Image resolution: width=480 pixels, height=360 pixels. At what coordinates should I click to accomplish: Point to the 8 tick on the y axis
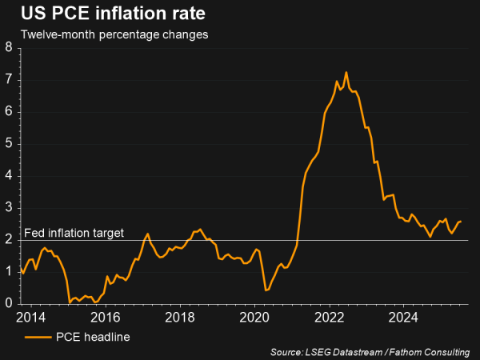[8, 47]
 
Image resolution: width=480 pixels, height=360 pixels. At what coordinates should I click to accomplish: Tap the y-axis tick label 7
[8, 79]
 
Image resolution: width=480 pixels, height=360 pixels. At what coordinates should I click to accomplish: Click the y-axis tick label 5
[8, 143]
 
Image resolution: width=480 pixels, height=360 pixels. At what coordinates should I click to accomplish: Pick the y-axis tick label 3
[8, 207]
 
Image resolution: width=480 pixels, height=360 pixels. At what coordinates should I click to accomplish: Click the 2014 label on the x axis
[30, 316]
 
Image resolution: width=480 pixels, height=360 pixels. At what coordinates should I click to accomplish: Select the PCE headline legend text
[94, 337]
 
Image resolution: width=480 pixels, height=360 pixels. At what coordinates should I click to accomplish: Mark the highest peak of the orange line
[346, 72]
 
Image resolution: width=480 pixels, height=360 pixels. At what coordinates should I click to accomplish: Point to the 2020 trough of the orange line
[266, 290]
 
